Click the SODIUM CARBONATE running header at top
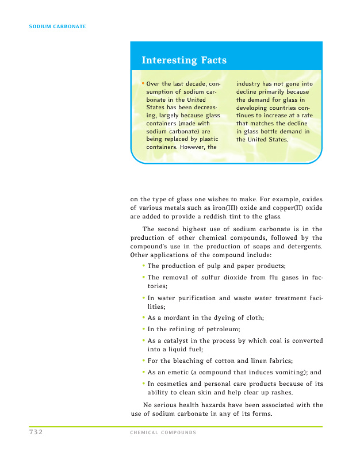pos(58,26)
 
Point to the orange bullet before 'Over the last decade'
pos(143,83)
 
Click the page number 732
pos(36,432)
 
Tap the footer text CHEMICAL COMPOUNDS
pos(163,432)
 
